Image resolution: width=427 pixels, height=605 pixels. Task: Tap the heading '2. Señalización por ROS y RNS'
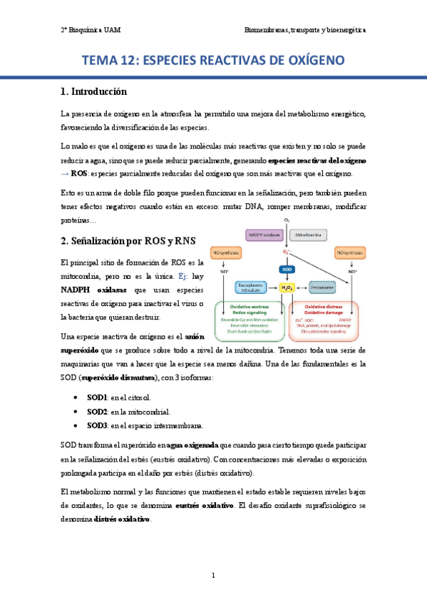point(128,240)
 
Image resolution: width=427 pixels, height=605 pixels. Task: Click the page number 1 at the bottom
point(213,575)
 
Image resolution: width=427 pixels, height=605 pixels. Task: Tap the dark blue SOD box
point(287,269)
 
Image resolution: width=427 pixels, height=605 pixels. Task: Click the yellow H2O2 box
point(287,287)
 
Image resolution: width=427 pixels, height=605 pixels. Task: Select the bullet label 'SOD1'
point(97,396)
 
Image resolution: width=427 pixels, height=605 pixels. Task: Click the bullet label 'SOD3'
point(97,426)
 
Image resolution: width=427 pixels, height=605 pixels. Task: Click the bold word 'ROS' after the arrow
point(79,174)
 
